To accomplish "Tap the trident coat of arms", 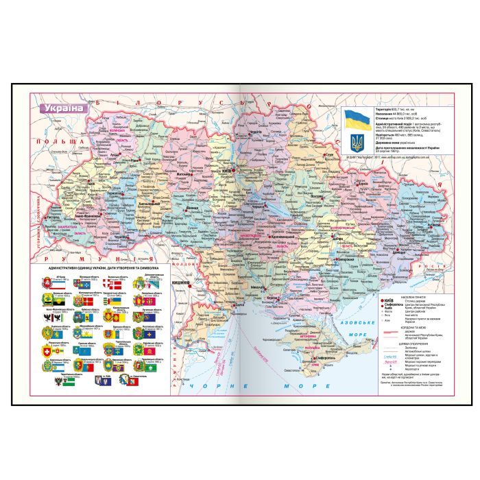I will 356,142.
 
